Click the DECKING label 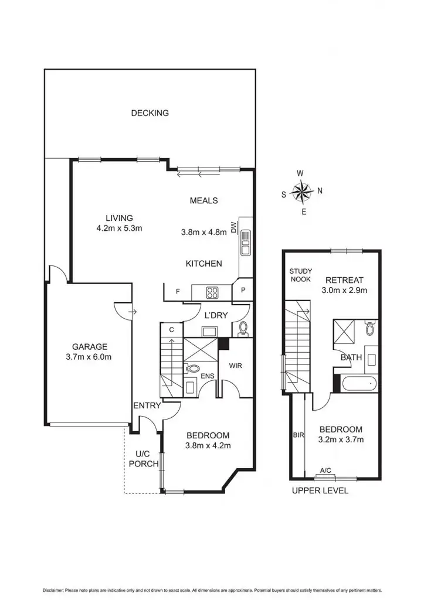click(x=150, y=113)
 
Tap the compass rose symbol click(x=303, y=192)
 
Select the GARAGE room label click(x=90, y=346)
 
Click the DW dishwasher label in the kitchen click(x=233, y=227)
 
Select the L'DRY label click(x=215, y=315)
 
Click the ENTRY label click(x=147, y=405)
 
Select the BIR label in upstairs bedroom click(x=298, y=435)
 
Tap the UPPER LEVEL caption click(x=320, y=490)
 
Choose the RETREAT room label click(x=345, y=279)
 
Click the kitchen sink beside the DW click(x=245, y=242)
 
